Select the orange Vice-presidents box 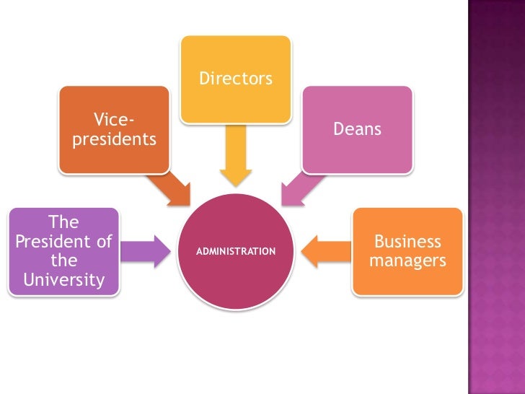[114, 130]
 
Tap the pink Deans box [357, 130]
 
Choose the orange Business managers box [407, 251]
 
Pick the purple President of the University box [64, 251]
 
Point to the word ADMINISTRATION [236, 252]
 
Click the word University [64, 279]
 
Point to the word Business [407, 241]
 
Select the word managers [407, 261]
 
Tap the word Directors [235, 78]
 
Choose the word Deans [357, 130]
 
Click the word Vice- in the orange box [114, 120]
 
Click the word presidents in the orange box [114, 139]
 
